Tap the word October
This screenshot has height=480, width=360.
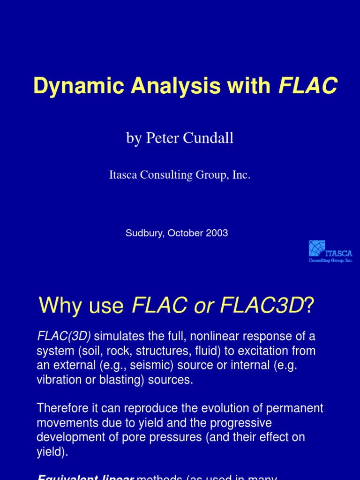[184, 233]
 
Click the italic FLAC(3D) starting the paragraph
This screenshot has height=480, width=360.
[64, 336]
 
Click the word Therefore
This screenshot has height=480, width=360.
[63, 408]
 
